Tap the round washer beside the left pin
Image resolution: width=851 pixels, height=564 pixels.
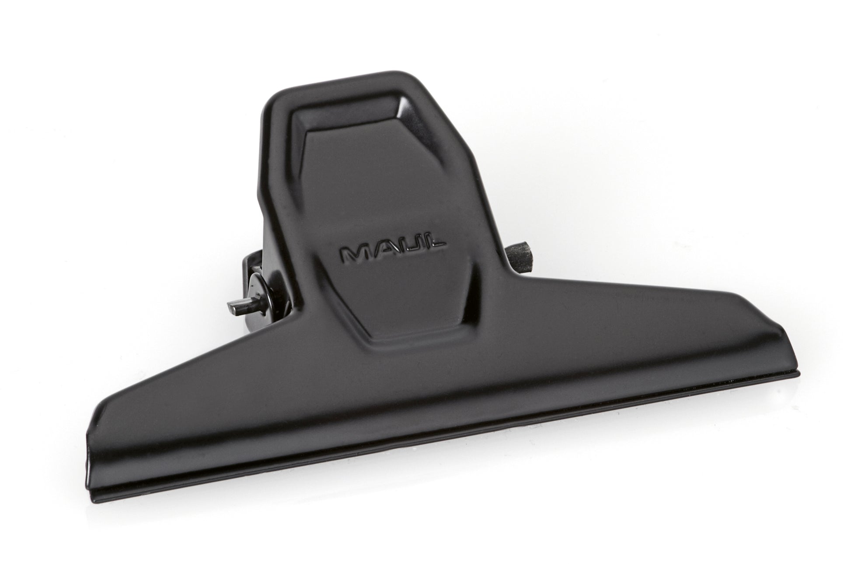click(258, 291)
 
